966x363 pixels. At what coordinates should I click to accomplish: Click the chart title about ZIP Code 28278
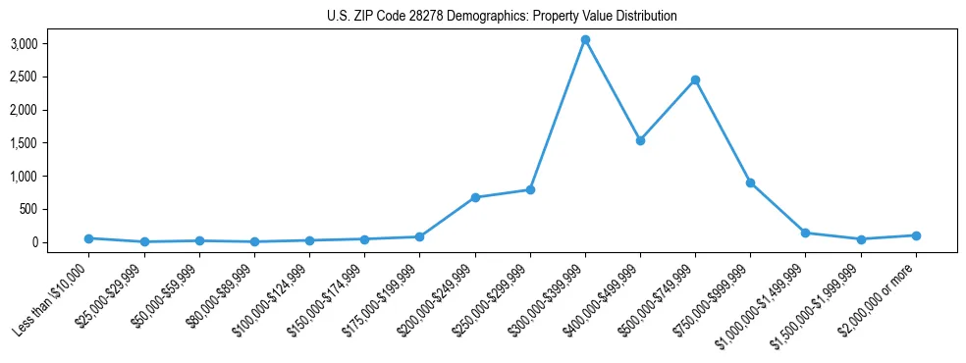tap(502, 17)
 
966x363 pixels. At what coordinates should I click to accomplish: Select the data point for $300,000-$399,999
tap(585, 40)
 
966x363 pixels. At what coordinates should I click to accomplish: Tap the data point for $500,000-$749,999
tap(695, 79)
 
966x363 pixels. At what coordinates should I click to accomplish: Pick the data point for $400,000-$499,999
tap(640, 140)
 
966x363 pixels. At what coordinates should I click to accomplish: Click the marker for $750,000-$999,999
tap(750, 182)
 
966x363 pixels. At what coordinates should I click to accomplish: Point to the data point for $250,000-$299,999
tap(530, 189)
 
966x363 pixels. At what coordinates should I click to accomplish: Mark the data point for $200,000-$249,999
tap(475, 197)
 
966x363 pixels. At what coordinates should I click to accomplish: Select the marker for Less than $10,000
tap(89, 238)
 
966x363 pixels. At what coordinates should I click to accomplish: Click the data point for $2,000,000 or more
tap(916, 235)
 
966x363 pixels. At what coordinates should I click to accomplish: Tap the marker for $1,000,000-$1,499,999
tap(805, 233)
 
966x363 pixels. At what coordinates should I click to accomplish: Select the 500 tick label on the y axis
tap(57, 209)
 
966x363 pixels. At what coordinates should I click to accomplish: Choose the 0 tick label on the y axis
tap(61, 242)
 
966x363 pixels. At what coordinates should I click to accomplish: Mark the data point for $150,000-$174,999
tap(365, 239)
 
